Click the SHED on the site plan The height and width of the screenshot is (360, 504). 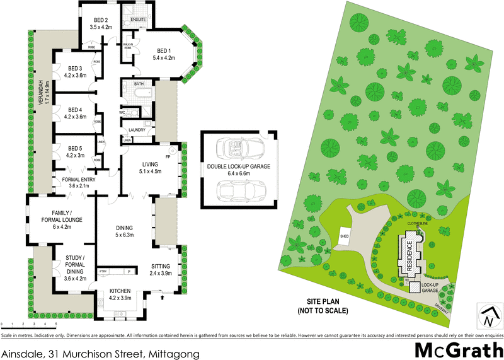pyautogui.click(x=345, y=236)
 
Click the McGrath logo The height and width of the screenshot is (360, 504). pyautogui.click(x=458, y=349)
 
